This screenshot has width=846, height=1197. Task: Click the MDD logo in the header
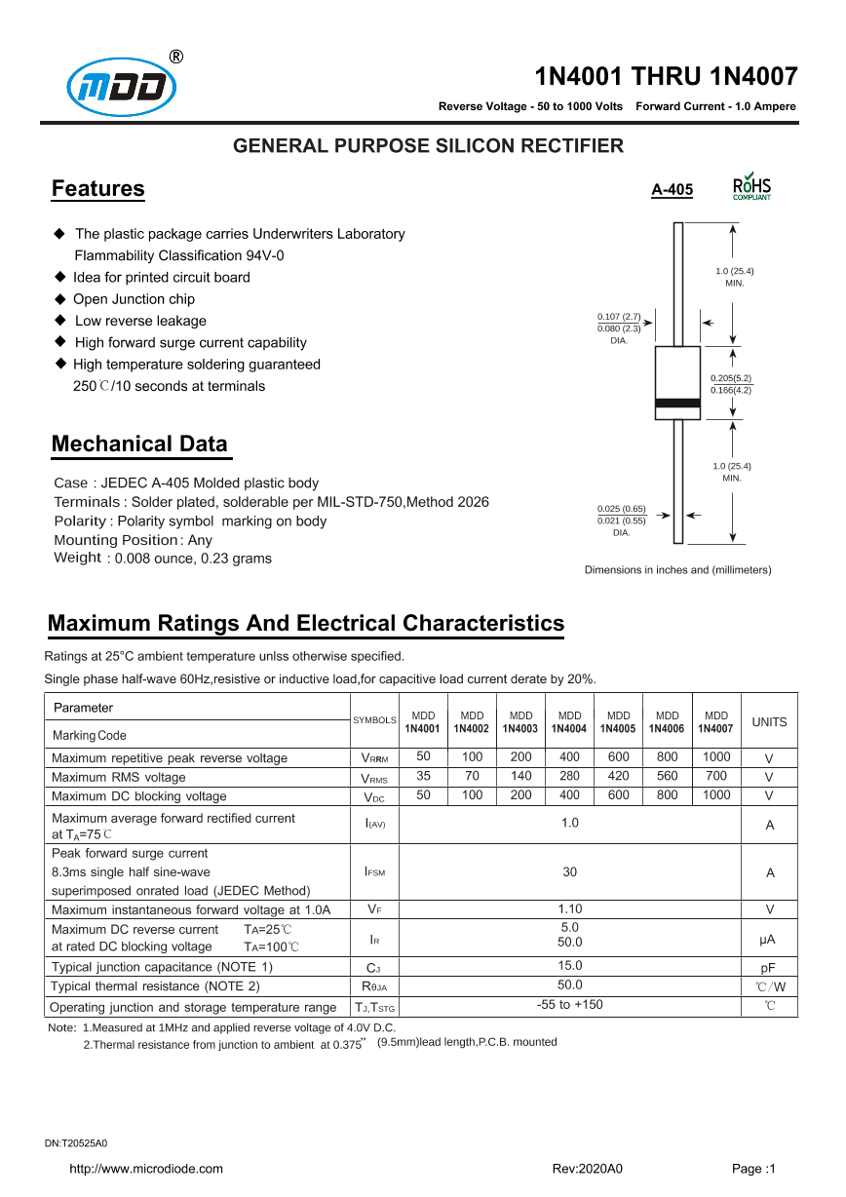[x=122, y=89]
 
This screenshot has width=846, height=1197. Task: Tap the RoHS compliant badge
[x=750, y=187]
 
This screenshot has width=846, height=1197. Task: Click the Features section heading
[x=97, y=189]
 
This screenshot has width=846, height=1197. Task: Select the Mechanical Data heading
[x=139, y=444]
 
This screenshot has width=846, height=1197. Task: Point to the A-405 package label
[x=672, y=190]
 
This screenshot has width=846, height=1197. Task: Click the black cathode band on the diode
[x=677, y=403]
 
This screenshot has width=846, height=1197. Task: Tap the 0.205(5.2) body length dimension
[x=730, y=378]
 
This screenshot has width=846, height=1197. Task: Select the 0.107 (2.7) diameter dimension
[x=618, y=317]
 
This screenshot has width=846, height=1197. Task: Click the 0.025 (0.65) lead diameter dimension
[x=621, y=509]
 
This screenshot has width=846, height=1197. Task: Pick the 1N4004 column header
[x=570, y=722]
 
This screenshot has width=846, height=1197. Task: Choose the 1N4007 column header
[x=716, y=722]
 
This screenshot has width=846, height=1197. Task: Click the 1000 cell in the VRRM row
[x=716, y=757]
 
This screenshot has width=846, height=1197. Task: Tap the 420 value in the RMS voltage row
[x=619, y=777]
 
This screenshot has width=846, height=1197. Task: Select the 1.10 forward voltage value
[x=570, y=909]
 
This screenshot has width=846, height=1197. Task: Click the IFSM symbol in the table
[x=375, y=872]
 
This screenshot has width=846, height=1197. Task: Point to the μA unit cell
[x=769, y=940]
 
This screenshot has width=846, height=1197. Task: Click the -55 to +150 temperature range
[x=570, y=1005]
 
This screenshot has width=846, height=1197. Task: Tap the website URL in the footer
[x=145, y=1169]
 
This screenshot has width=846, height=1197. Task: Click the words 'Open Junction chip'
[x=134, y=299]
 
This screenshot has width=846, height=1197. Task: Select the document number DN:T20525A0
[x=76, y=1142]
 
